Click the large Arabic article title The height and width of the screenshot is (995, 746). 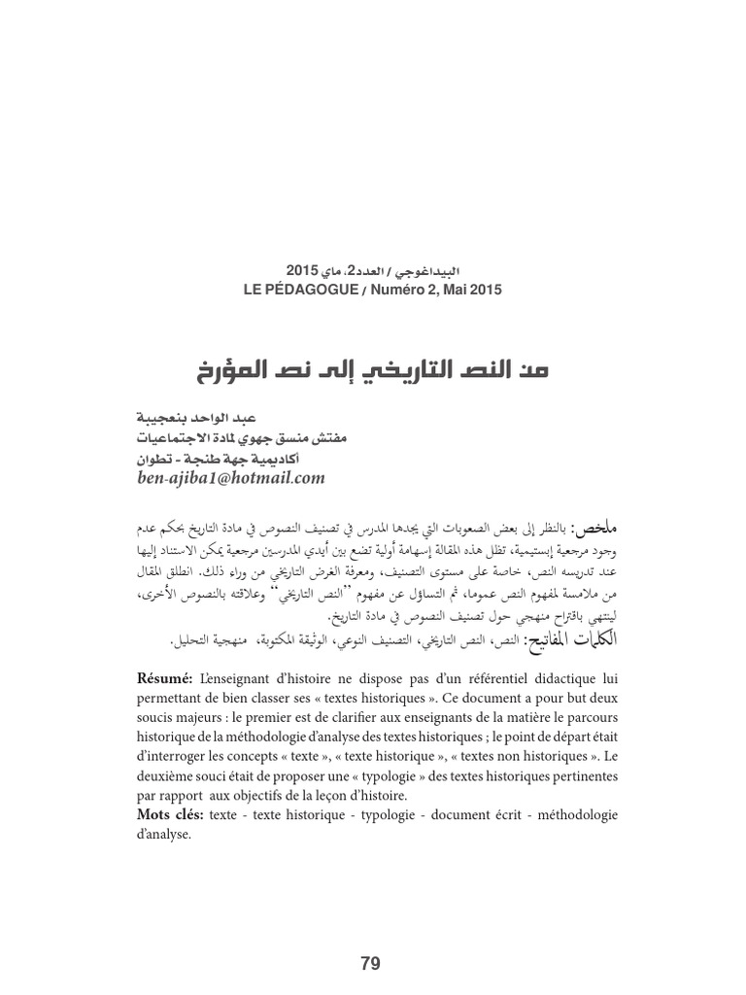[373, 369]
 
